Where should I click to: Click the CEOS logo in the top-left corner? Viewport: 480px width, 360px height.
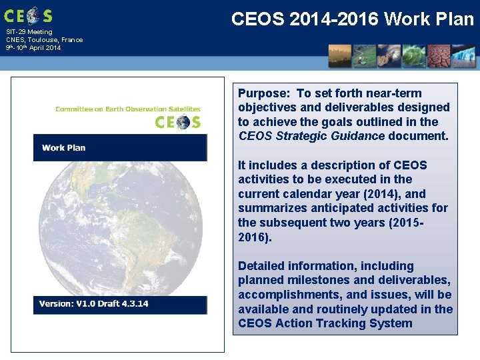click(28, 15)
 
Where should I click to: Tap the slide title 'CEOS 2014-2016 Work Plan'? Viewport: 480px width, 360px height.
click(352, 19)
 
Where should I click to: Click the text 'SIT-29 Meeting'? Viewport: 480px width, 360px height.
click(29, 32)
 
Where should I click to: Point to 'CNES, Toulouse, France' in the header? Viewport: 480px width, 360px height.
click(45, 40)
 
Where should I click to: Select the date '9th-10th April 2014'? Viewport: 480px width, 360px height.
click(33, 48)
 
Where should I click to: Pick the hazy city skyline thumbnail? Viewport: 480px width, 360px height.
click(341, 56)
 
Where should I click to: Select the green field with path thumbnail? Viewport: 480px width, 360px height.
click(365, 56)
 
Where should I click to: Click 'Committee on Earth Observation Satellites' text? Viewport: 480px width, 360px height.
click(128, 109)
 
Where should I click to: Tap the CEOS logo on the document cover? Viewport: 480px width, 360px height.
click(177, 122)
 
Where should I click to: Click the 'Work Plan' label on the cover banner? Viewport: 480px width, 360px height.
click(63, 147)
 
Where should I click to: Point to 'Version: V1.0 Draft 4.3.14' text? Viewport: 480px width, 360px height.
click(94, 304)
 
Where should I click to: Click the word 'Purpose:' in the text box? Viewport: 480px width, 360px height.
click(264, 93)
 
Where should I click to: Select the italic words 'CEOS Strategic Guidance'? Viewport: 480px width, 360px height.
click(311, 136)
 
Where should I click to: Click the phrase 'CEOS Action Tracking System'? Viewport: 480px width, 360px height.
click(325, 323)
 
